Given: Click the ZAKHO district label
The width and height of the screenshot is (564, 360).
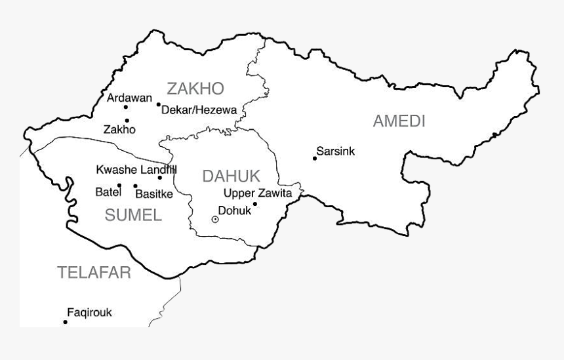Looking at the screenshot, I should [x=195, y=89].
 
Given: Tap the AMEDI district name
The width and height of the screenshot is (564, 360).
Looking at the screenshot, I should [x=399, y=121].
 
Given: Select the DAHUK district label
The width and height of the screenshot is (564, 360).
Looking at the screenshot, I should [x=231, y=176].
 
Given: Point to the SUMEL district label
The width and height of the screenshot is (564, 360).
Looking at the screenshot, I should [x=133, y=215].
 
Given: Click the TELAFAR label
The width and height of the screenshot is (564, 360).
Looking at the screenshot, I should [x=94, y=273].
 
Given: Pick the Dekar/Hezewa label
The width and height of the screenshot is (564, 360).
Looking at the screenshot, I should [x=199, y=110].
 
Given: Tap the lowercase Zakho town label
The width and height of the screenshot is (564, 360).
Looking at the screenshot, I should [x=119, y=130].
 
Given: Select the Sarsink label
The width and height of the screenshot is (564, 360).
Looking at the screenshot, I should [x=335, y=151].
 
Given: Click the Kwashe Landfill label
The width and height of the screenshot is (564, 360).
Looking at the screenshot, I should [x=136, y=170].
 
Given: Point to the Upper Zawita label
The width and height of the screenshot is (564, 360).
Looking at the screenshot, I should [x=257, y=193].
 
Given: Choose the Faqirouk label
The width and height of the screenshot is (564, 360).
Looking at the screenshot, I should [x=89, y=313].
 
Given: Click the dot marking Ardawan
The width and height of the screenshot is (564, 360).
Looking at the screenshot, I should [x=126, y=107].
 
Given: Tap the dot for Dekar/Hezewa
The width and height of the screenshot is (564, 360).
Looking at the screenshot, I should [x=158, y=104].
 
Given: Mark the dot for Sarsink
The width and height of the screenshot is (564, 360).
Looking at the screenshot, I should [x=315, y=158].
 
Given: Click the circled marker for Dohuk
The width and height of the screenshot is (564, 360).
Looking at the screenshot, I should [x=214, y=219].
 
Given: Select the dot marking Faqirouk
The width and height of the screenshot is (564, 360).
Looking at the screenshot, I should [x=65, y=322].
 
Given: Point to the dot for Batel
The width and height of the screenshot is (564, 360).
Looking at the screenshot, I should [x=119, y=186].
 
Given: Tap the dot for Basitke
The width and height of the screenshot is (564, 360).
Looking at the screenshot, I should [x=135, y=186].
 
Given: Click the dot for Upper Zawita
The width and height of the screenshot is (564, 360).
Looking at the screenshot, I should [x=255, y=204].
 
